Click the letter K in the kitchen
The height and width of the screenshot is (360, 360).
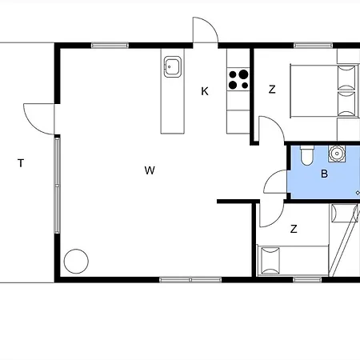(205, 91)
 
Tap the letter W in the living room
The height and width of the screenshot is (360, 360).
(150, 170)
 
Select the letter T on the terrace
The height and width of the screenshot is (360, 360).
(21, 163)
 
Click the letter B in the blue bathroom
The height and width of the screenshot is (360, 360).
(324, 174)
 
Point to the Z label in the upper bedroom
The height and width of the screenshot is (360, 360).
(272, 90)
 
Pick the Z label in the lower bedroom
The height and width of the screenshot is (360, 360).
(294, 229)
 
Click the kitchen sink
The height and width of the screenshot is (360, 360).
(173, 66)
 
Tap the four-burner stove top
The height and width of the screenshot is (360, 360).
(238, 79)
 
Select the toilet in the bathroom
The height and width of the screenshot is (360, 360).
(307, 155)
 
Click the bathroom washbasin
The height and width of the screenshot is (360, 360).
(337, 154)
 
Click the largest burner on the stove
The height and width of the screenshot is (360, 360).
(243, 74)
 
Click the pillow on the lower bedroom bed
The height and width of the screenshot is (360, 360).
(270, 260)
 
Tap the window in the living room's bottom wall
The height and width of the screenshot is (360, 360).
(190, 280)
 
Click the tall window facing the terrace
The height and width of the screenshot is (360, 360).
(57, 186)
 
